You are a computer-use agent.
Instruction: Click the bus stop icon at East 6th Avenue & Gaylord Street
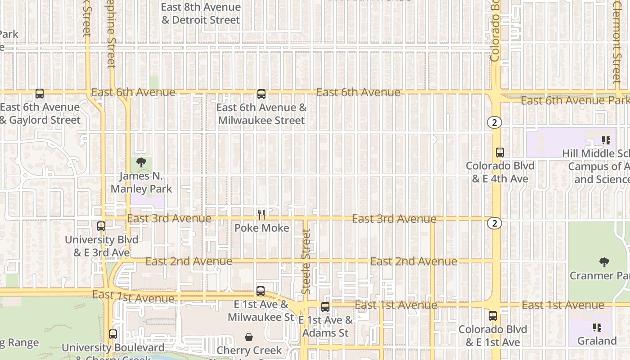(40, 94)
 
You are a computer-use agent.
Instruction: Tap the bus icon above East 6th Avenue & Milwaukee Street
(261, 94)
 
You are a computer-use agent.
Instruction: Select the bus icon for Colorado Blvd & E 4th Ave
(500, 153)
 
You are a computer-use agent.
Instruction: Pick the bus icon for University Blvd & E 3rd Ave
(101, 226)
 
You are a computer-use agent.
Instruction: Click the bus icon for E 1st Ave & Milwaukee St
(261, 291)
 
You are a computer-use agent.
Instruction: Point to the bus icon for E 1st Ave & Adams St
(325, 307)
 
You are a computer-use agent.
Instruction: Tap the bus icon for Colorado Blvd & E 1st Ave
(493, 316)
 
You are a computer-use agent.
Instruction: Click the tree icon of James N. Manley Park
(141, 162)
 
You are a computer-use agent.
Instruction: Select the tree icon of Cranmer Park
(604, 262)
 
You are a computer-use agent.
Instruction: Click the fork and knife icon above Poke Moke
(261, 215)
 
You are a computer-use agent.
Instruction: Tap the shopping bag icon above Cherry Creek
(248, 337)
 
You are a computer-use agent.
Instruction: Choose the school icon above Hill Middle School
(606, 140)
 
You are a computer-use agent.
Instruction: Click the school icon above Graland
(597, 328)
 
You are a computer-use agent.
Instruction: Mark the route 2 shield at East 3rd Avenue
(495, 223)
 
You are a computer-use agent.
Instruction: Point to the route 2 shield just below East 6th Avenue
(495, 122)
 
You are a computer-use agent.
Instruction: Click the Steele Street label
(306, 262)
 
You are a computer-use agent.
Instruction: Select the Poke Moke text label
(261, 228)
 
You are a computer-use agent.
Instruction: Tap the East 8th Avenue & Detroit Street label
(201, 13)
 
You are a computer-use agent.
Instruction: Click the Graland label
(597, 341)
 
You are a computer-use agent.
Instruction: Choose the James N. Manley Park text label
(141, 182)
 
